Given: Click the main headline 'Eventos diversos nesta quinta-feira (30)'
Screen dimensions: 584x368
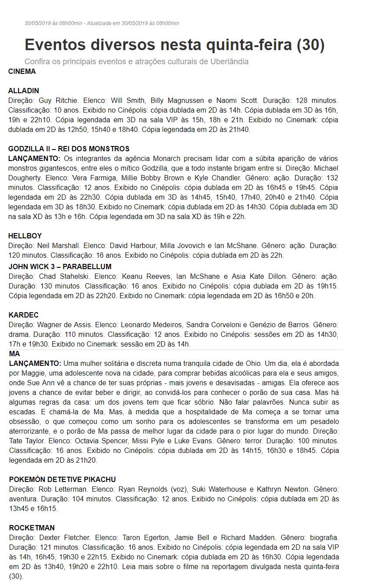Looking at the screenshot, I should click(x=174, y=45).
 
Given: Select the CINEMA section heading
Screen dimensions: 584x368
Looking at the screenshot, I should click(x=22, y=71).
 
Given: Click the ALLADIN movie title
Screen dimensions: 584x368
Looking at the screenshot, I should click(x=23, y=91).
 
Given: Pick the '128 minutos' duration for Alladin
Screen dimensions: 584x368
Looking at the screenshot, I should click(x=316, y=100).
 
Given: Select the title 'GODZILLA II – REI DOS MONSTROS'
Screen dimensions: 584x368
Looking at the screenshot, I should click(x=69, y=149).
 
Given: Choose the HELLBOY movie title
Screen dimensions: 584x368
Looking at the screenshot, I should click(x=25, y=236).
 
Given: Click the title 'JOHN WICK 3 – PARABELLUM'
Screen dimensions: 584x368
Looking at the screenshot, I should click(x=60, y=266).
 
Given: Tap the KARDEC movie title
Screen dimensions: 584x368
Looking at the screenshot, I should click(x=24, y=315).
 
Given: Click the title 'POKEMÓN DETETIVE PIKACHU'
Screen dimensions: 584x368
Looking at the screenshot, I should click(x=62, y=479).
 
